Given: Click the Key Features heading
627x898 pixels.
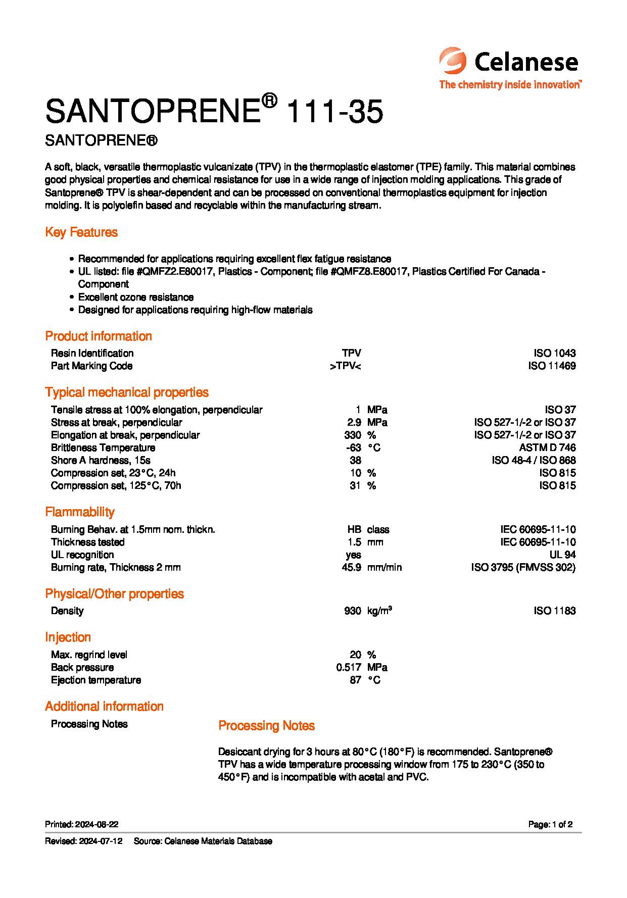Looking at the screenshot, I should [81, 232].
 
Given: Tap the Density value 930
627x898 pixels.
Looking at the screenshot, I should [352, 611].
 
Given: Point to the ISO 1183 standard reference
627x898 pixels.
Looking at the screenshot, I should [554, 611].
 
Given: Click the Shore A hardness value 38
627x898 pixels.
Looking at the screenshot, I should [355, 460].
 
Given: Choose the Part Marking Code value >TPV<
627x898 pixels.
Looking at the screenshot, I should [346, 366].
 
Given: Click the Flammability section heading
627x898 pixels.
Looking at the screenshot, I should [80, 512].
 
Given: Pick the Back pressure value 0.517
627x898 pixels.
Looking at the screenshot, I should [349, 667].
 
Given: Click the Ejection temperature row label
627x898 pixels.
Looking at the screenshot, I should [96, 680].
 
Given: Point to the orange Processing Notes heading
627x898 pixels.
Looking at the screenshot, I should [266, 726].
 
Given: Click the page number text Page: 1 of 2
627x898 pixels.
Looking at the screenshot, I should [550, 824].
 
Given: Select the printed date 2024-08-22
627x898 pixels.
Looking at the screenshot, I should [97, 824].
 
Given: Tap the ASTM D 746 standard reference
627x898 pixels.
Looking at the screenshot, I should [547, 447].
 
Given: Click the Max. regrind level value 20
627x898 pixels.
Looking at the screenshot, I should [355, 655].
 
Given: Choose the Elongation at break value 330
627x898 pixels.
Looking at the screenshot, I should [353, 435].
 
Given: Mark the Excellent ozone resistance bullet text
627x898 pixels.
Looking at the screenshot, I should [136, 297].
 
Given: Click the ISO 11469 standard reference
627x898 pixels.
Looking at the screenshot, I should [552, 366].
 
